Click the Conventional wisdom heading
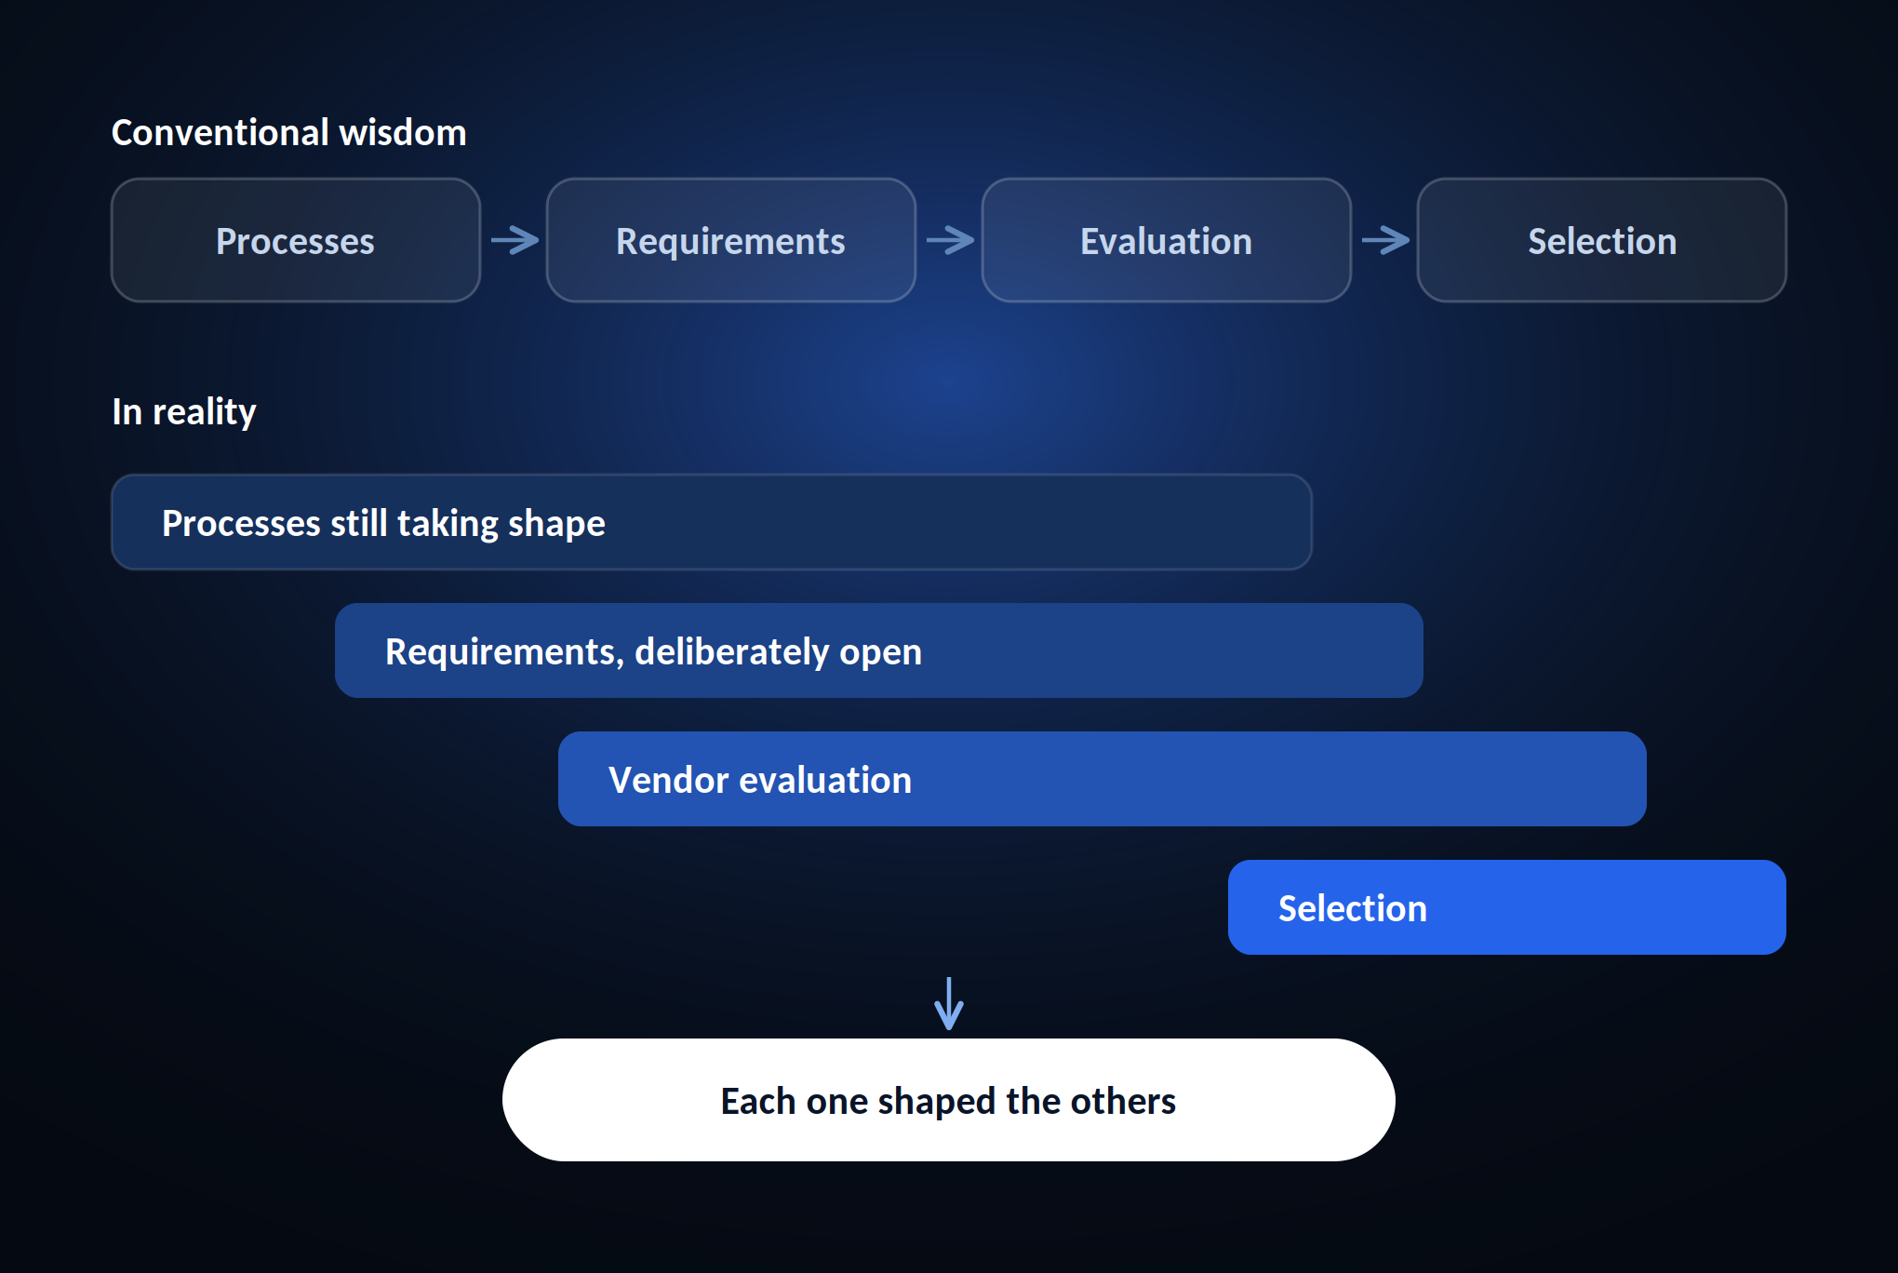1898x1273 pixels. click(288, 132)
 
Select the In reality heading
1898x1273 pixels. click(184, 411)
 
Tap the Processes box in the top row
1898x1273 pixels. click(296, 240)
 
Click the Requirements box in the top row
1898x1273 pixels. click(731, 240)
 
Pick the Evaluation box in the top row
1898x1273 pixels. click(1167, 240)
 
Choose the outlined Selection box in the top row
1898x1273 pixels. click(1602, 240)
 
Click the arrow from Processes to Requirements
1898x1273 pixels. click(515, 240)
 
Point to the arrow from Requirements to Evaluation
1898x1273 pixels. click(950, 240)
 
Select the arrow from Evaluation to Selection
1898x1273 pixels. click(1385, 240)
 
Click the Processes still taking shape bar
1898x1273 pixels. click(712, 522)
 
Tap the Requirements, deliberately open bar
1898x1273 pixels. click(879, 650)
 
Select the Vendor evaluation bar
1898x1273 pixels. click(1103, 779)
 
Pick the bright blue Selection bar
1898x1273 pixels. click(1507, 907)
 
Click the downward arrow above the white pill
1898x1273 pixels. click(949, 1003)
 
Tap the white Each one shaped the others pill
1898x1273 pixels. click(949, 1100)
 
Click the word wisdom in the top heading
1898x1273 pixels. click(403, 132)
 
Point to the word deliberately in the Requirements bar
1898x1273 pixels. click(731, 652)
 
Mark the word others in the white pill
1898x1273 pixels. click(1123, 1101)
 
